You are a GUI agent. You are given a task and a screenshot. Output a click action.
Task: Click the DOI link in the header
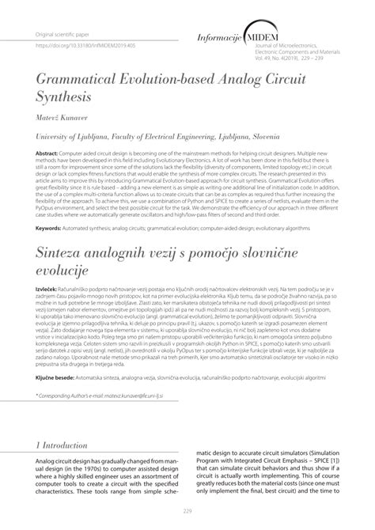(x=81, y=47)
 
